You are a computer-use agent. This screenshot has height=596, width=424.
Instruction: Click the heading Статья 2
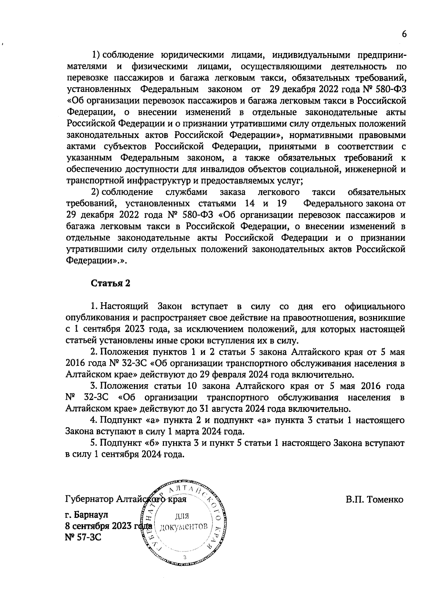pyautogui.click(x=111, y=284)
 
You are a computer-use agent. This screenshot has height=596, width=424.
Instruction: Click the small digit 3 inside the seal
pyautogui.click(x=185, y=557)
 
